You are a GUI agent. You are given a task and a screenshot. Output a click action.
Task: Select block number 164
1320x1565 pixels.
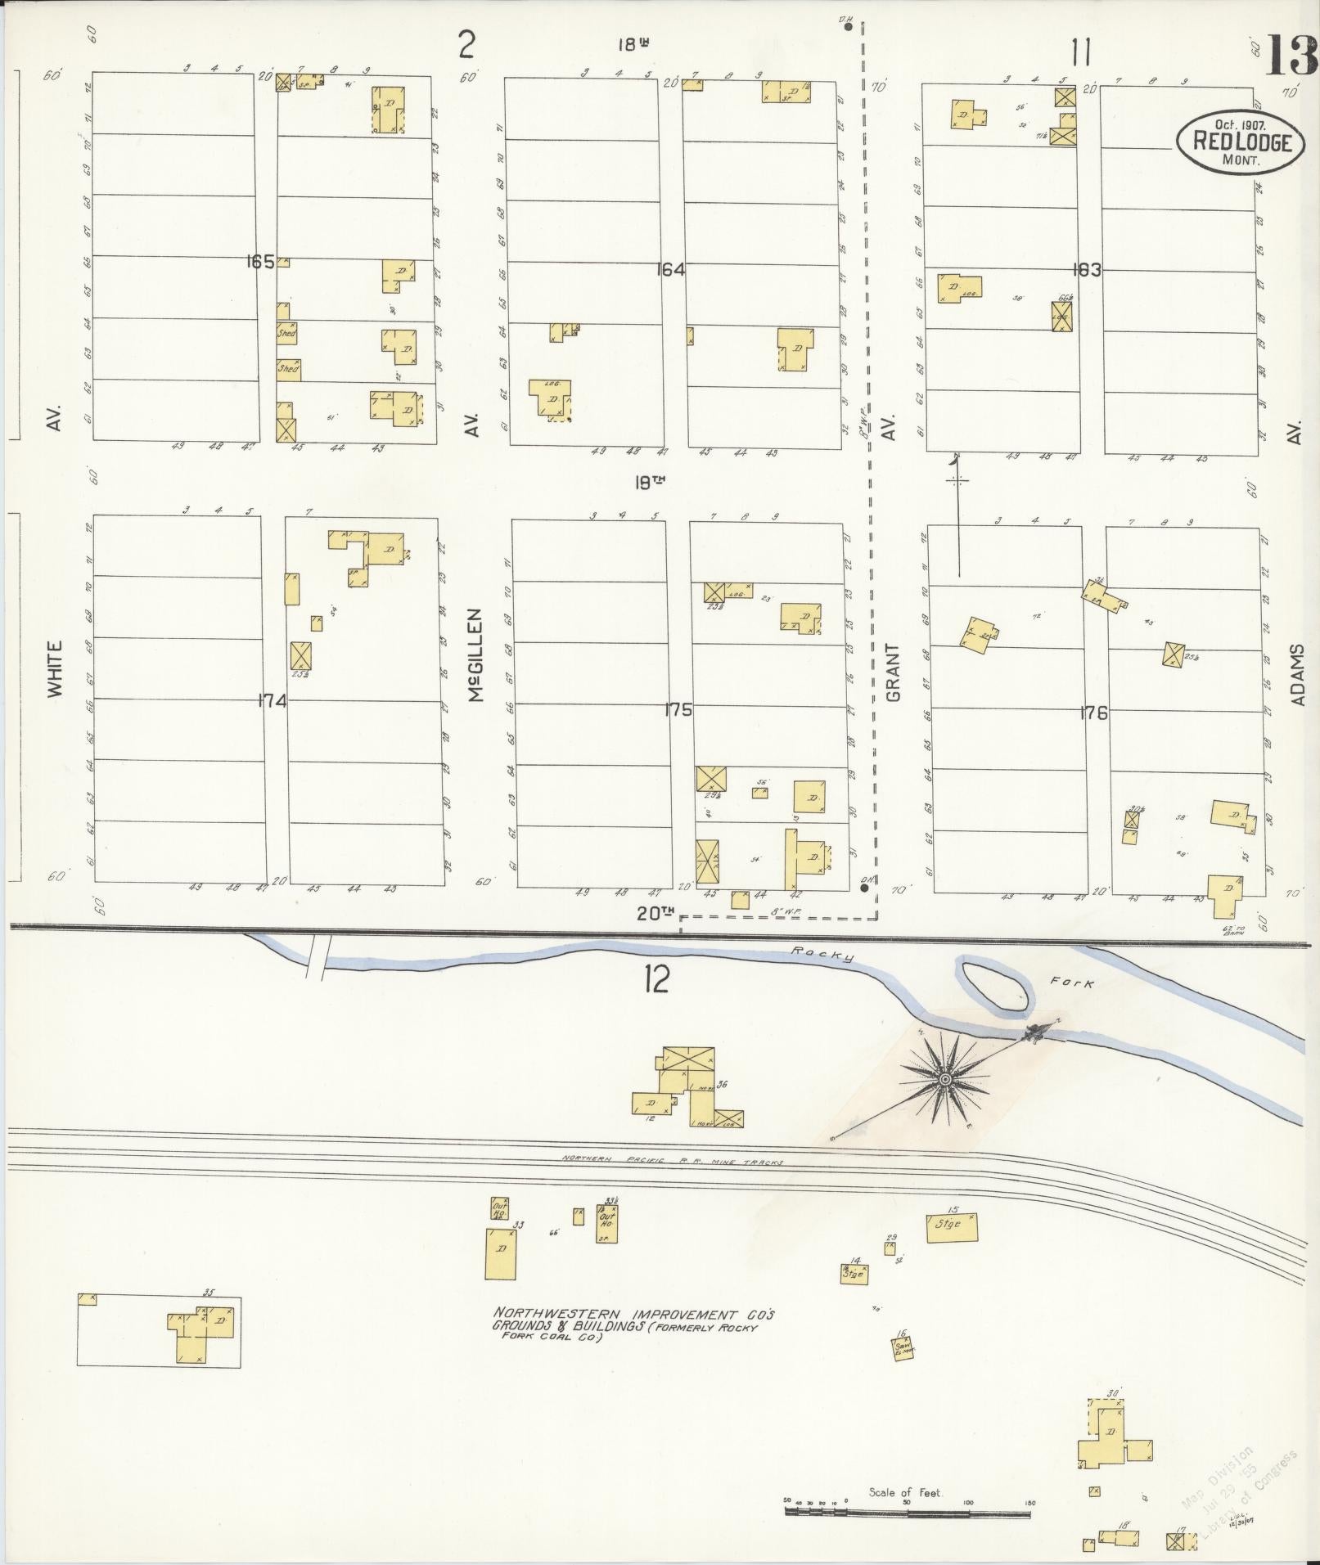(669, 269)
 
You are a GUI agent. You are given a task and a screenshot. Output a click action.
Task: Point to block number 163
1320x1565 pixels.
(1088, 270)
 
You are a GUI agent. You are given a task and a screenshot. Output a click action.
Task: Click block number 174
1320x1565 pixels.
(273, 701)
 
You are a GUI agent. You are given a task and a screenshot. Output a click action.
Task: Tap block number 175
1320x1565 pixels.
(678, 709)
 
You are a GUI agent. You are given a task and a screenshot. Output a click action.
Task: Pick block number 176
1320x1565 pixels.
(1093, 713)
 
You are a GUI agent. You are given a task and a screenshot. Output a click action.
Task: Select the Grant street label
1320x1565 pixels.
(892, 672)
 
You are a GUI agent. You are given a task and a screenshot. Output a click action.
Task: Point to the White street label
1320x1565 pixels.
(55, 668)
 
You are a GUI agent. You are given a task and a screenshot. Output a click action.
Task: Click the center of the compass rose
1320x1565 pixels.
(945, 1081)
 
